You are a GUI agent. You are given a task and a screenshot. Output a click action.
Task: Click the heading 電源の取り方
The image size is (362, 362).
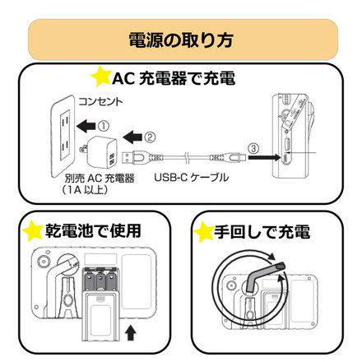pos(180,39)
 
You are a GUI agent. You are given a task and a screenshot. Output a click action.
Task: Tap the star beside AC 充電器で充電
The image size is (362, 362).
pos(100,79)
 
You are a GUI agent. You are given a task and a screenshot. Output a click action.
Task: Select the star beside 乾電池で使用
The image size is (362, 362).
pos(32,230)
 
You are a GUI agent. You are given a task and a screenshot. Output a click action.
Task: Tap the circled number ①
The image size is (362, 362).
pos(103,126)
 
